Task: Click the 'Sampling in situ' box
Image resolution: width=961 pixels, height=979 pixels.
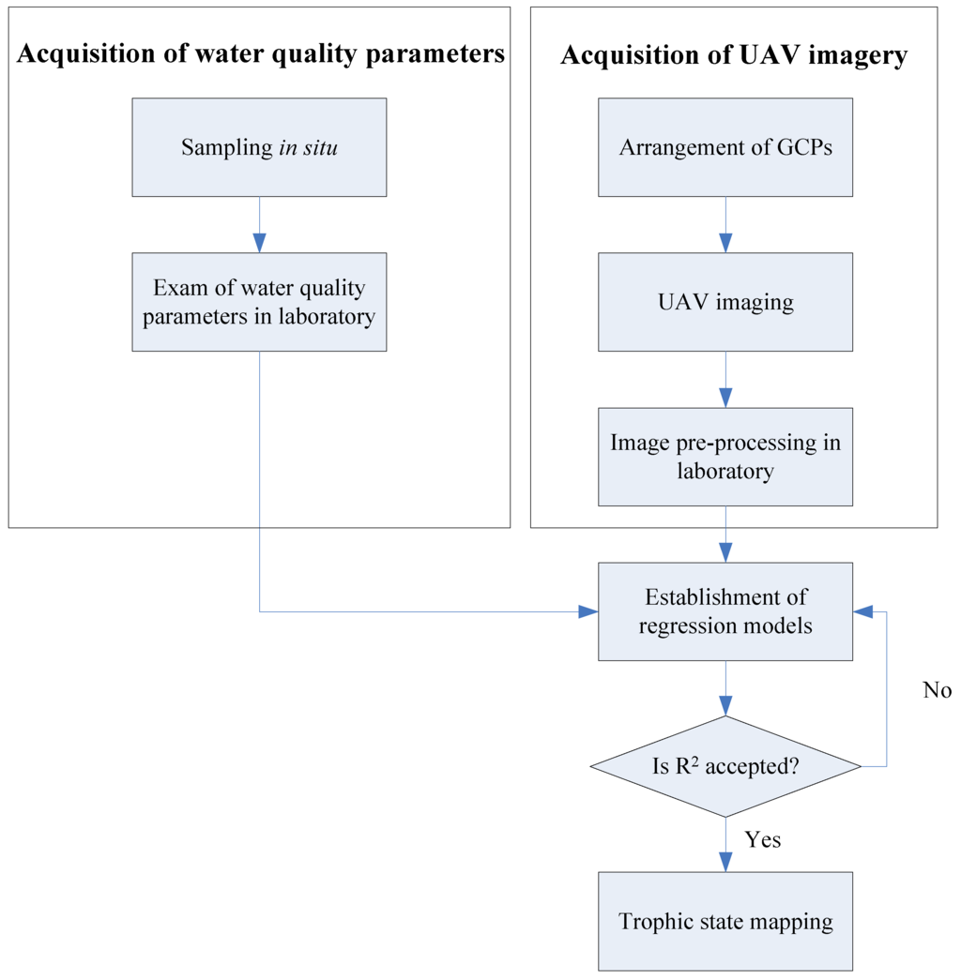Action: pos(259,147)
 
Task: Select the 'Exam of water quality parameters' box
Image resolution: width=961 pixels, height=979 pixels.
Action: pos(259,302)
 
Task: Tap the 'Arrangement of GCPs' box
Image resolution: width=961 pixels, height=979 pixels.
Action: pos(725,147)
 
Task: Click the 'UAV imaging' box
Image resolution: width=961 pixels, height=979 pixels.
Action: pos(725,302)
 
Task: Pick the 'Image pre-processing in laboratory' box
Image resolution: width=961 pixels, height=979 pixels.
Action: pos(725,457)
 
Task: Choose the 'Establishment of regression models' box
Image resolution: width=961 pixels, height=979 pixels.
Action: pos(725,611)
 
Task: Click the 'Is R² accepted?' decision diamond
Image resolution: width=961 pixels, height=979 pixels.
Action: pos(725,766)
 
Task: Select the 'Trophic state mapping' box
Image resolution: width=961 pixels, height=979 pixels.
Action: pos(725,921)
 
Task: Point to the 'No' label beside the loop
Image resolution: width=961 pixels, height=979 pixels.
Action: pos(937,690)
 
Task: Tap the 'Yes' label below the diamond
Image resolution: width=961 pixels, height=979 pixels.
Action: pos(762,839)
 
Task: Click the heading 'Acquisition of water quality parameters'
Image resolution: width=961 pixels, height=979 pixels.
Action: pos(261,54)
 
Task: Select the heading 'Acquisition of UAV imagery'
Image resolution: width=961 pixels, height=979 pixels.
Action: pos(734,55)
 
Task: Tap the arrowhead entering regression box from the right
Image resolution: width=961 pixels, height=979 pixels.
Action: pos(863,612)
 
